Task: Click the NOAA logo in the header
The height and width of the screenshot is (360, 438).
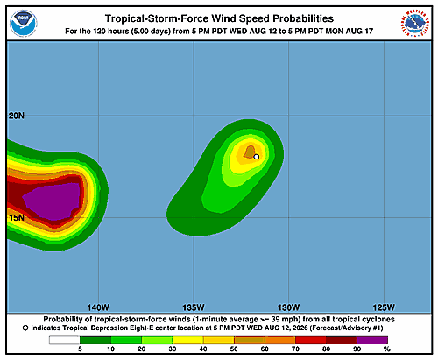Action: coord(24,24)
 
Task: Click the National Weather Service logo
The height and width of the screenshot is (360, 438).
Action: coord(415,23)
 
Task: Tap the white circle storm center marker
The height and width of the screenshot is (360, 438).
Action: coord(257,157)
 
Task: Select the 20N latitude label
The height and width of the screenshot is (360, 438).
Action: coord(17,116)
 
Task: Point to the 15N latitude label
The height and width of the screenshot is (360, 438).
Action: coord(17,218)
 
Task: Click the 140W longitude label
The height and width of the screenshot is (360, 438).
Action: coord(98,307)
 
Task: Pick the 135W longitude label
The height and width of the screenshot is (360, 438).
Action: coord(194,307)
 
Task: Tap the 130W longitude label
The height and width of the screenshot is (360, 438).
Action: coord(288,307)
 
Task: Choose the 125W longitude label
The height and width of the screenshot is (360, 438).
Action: coord(384,307)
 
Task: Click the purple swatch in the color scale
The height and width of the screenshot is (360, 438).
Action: coord(372,340)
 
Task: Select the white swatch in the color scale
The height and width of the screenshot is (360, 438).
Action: coord(64,340)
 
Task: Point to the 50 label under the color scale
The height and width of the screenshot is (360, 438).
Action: coord(234,349)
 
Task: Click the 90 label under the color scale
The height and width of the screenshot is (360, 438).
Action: coord(357,349)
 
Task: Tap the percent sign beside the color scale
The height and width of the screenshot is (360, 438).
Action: coord(387,349)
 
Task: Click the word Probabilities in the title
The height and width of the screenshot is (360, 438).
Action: coord(303,18)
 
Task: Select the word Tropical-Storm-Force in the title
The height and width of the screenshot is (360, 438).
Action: coord(157,18)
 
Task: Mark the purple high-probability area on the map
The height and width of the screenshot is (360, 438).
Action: coord(53,201)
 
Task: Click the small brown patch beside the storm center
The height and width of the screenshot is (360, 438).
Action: coord(250,152)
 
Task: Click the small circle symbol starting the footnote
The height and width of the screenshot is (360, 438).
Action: coord(25,328)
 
